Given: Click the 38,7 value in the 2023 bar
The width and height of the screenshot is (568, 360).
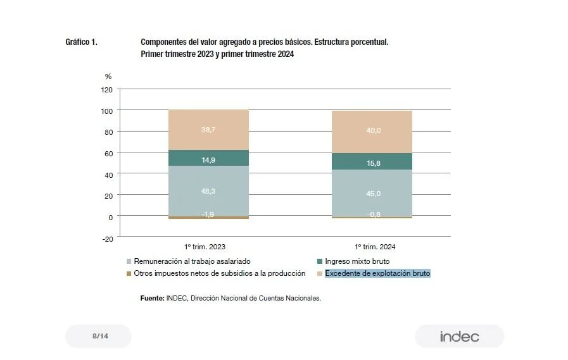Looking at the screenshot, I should point(208,129).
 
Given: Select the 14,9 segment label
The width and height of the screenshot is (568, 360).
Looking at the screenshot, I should point(208,160).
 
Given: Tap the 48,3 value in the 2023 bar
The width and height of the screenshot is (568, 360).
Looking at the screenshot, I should point(208,190).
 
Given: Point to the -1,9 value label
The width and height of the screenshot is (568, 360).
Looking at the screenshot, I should point(208,214).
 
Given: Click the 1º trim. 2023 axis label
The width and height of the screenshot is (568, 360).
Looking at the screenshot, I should point(205,247).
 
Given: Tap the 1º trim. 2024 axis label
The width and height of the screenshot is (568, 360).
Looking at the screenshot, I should point(374,247).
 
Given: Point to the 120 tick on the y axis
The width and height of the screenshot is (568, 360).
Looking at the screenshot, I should point(106,90).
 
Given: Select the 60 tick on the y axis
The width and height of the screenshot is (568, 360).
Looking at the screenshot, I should point(108,153).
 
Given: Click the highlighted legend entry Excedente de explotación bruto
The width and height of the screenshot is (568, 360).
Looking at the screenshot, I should point(377,273).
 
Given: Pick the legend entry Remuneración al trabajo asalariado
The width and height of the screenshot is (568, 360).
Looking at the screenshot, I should point(192,261).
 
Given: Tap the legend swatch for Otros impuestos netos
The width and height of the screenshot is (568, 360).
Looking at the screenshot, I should point(129,273).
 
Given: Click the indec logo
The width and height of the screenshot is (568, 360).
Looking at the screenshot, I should point(459,337).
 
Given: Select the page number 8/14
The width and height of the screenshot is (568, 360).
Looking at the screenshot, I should point(100,336).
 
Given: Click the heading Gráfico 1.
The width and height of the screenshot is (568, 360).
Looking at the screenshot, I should point(81,42).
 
